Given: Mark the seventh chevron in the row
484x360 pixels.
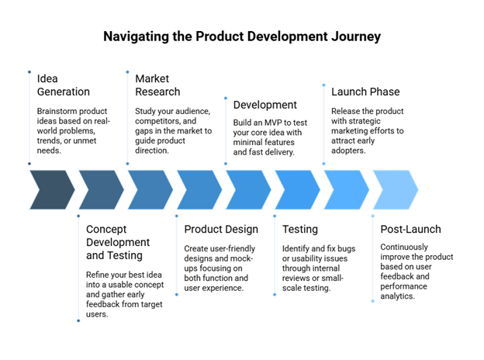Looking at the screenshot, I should click(x=346, y=189).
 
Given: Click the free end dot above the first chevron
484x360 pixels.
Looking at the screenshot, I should click(x=29, y=72).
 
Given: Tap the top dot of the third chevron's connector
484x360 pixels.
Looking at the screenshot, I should click(x=127, y=72).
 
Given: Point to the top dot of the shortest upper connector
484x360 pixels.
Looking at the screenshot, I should click(x=226, y=98).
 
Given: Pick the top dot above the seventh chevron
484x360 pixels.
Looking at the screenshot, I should click(x=323, y=85).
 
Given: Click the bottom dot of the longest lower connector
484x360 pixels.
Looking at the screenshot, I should click(x=78, y=320).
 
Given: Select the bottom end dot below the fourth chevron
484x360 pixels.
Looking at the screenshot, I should click(x=176, y=295).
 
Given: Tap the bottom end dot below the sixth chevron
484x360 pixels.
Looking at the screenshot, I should click(x=275, y=295).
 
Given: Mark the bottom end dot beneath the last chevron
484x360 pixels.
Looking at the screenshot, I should click(x=372, y=301).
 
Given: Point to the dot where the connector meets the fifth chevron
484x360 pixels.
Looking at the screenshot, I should click(x=226, y=164).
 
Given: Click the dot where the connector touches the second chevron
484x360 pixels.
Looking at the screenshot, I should click(x=78, y=216).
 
